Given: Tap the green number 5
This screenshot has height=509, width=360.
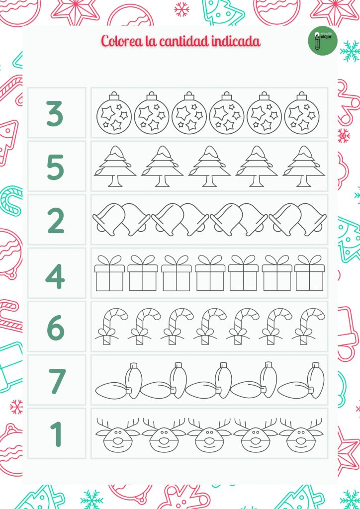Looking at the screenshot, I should click(55, 168).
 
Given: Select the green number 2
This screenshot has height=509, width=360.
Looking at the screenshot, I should click(56, 221).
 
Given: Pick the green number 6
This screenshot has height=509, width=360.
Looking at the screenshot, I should click(56, 328).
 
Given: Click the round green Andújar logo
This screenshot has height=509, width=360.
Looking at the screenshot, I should click(322, 41).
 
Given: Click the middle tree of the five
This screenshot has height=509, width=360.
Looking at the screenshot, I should click(209, 167).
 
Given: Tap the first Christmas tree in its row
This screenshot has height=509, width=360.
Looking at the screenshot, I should click(115, 167).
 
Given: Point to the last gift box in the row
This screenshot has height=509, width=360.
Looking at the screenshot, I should click(309, 274).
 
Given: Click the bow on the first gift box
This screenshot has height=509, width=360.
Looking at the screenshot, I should click(109, 260).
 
